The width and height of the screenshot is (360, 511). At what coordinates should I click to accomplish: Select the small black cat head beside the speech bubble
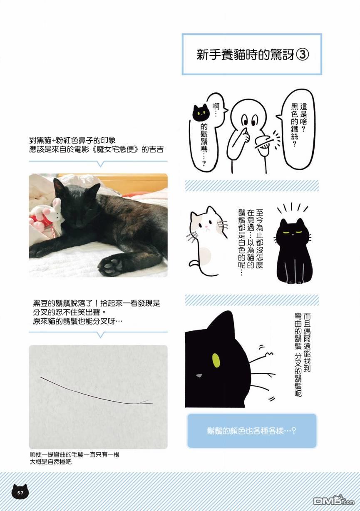(x=201, y=112)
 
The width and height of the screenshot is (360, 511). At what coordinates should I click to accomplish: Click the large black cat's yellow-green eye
(x=216, y=361)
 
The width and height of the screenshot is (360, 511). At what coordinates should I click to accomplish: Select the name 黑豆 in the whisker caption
(x=41, y=303)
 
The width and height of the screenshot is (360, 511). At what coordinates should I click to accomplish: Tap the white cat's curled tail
(x=202, y=268)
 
